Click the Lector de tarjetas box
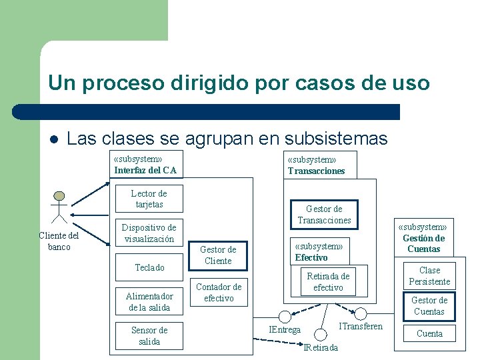coord(149,199)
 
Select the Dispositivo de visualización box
coord(149,233)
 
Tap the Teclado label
coord(149,267)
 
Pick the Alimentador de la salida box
coord(149,301)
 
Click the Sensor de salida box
coord(149,335)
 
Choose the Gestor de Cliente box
coord(218,255)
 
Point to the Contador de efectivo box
coord(219,292)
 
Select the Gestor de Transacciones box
coord(324,214)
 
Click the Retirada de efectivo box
coord(328,281)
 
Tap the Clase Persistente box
coord(429,275)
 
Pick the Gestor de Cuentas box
coord(429,305)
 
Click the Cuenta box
coord(429,333)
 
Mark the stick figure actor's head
coord(59,196)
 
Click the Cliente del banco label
coord(59,241)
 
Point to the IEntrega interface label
coord(285,329)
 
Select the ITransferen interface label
coord(361,326)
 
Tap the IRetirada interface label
coord(321,347)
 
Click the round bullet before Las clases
coord(54,139)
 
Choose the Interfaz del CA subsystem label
coord(145,170)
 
